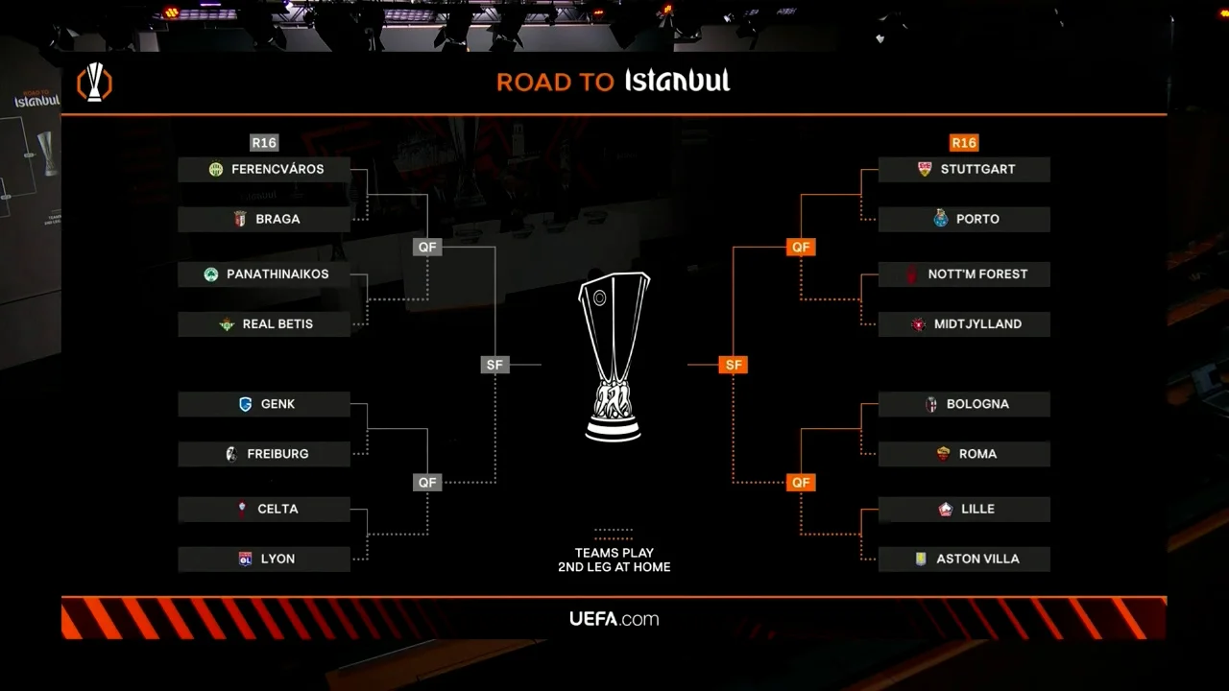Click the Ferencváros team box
264,169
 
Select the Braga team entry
264,219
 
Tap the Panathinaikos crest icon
211,274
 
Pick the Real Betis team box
264,324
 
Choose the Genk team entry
264,404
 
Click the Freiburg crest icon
230,454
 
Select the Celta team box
264,509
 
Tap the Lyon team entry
264,559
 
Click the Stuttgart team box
964,169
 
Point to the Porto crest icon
941,219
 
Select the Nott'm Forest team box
964,274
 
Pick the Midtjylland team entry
964,324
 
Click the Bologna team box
964,404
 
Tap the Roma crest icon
944,454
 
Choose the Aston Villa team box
964,559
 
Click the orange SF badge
734,365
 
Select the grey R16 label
264,143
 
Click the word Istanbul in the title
678,81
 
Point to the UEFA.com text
614,619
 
